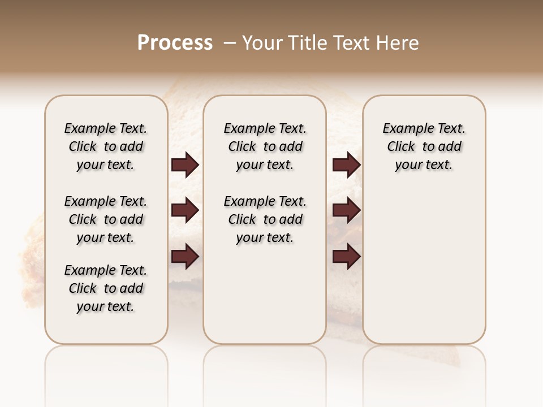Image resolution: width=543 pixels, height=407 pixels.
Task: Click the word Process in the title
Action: [x=175, y=43]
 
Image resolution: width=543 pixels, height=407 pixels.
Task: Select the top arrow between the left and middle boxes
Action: [x=185, y=165]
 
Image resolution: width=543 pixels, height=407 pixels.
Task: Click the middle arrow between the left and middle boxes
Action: [x=185, y=211]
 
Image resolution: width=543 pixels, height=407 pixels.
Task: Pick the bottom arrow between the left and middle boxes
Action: [x=185, y=257]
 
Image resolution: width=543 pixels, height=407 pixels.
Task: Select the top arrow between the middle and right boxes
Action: [x=346, y=165]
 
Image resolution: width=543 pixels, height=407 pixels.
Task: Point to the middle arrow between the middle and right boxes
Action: [x=346, y=211]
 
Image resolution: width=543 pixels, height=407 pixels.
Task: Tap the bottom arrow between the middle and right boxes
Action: [x=346, y=257]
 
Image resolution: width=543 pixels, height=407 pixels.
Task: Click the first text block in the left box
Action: [x=106, y=146]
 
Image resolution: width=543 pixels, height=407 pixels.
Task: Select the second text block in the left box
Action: [x=106, y=219]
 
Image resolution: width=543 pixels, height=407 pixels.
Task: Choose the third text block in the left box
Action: [x=106, y=289]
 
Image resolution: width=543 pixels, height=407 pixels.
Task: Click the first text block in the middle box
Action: [x=265, y=146]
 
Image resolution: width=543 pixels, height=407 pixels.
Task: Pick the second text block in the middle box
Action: [x=265, y=219]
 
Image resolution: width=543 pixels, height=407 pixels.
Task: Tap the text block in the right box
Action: [x=424, y=146]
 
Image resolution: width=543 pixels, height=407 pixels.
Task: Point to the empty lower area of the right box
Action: [x=424, y=266]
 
